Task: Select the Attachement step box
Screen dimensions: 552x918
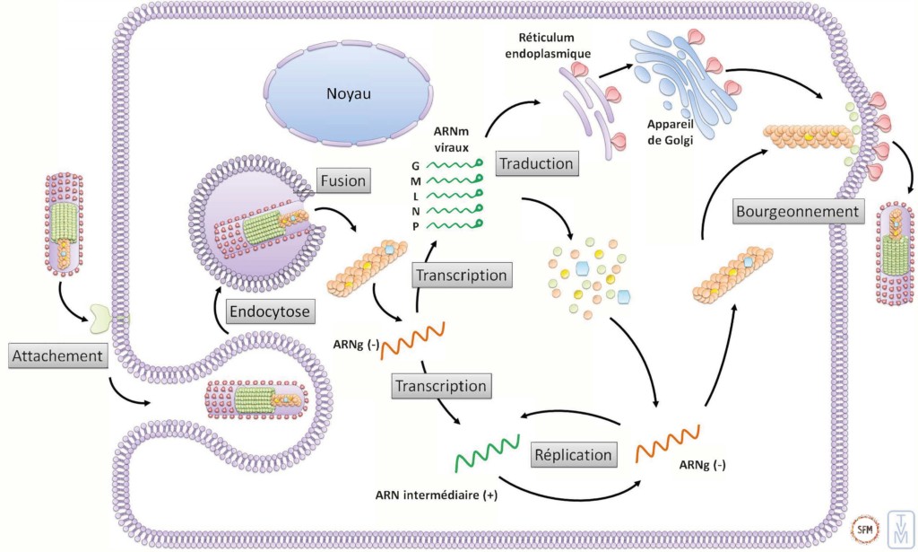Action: point(59,356)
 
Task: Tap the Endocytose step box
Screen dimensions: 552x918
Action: point(269,312)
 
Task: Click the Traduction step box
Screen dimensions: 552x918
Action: point(537,163)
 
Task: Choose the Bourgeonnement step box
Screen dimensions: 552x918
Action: point(797,213)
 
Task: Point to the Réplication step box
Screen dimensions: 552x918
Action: point(575,454)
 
